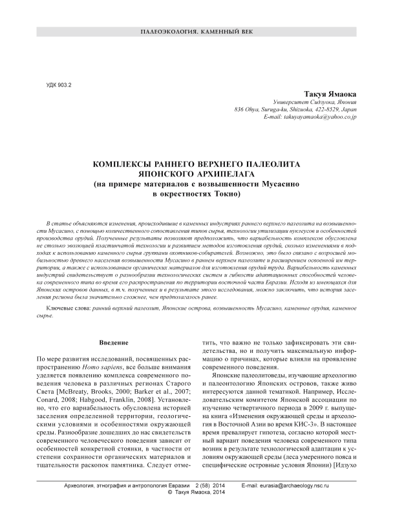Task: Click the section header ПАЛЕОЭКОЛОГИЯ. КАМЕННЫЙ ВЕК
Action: click(197, 32)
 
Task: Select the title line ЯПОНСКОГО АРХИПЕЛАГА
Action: click(197, 175)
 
